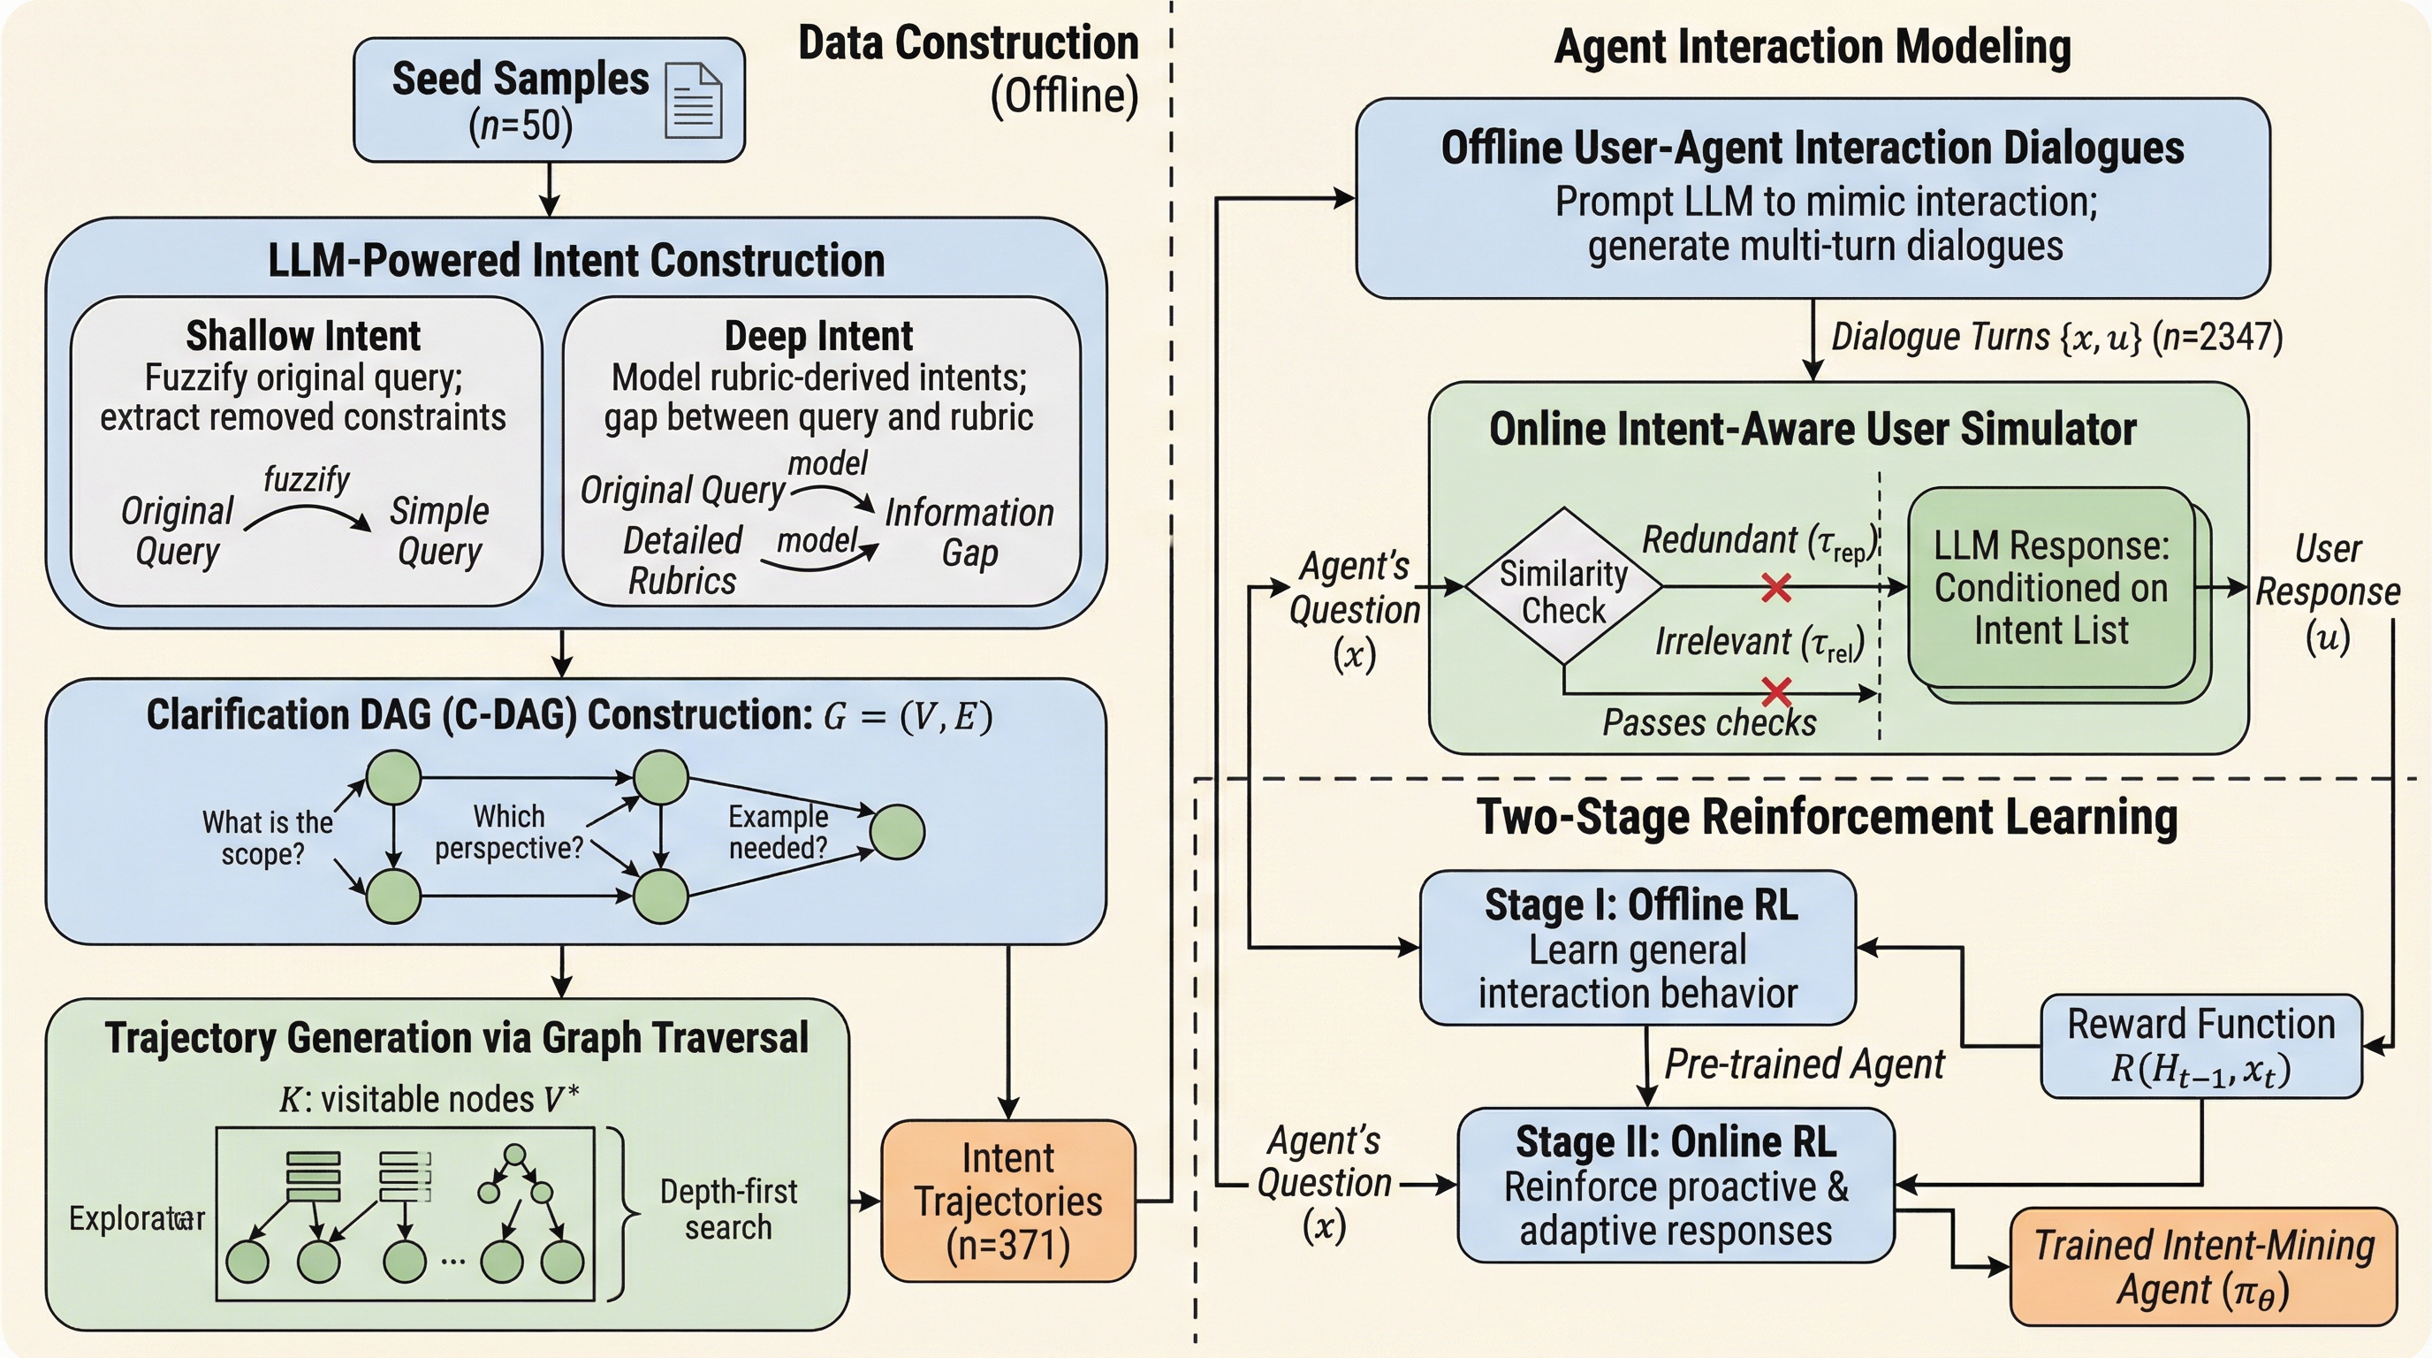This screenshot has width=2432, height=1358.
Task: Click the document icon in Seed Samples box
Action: (694, 100)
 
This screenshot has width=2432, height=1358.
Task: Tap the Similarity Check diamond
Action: (1563, 587)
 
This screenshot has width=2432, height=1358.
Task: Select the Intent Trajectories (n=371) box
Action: (1008, 1201)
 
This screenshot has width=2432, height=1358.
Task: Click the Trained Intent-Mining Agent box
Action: (2203, 1266)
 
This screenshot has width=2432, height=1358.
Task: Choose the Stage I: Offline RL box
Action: (1638, 947)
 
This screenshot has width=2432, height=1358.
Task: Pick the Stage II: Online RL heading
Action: (1676, 1141)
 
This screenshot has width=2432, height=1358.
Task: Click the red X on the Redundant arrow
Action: (1776, 588)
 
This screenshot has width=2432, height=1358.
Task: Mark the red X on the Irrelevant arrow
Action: (1776, 692)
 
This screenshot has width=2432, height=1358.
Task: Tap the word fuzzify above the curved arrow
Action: (306, 480)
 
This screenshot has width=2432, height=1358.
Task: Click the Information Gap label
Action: (969, 532)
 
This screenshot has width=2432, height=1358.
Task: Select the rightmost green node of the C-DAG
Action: (896, 832)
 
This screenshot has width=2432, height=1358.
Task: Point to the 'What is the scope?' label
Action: (266, 837)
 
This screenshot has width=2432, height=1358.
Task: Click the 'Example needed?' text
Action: (778, 832)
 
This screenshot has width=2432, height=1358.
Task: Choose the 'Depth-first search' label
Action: (728, 1209)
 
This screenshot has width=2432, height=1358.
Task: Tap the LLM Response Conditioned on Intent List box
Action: (2050, 587)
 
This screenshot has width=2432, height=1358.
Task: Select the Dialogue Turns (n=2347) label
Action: (2056, 337)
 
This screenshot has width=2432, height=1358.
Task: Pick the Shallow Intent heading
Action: (303, 336)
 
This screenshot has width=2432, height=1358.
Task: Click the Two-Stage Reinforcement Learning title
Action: (1827, 817)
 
